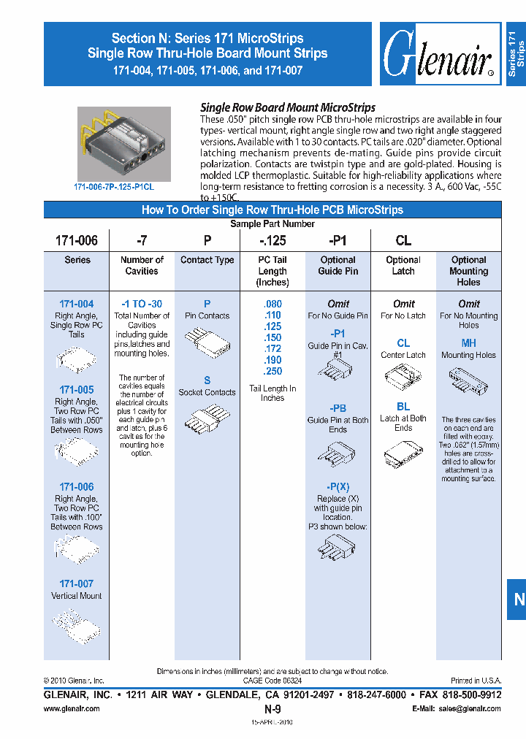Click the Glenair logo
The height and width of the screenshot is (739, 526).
coord(438,55)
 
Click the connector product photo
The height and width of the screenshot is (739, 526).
coord(124,144)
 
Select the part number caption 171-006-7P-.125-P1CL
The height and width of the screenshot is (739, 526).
coord(114,187)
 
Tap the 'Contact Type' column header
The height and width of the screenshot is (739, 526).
coord(207,260)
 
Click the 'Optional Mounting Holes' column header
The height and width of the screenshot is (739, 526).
coord(468,271)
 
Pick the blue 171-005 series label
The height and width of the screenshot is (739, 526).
coord(76,390)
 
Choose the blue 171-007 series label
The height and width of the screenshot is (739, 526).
coord(76,583)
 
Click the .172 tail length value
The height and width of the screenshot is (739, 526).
coord(272,349)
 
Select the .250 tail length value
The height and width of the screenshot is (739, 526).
coord(272,372)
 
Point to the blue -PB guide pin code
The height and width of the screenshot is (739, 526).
coord(338,408)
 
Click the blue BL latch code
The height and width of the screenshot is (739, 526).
coord(403,407)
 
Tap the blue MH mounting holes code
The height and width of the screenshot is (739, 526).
coord(468,342)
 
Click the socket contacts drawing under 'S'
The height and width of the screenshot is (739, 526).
coord(207,422)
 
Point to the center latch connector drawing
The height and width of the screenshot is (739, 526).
coord(403,377)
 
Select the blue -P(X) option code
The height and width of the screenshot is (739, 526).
coord(338,487)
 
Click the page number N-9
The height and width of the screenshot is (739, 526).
coord(272,708)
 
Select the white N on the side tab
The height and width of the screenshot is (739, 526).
coord(519,600)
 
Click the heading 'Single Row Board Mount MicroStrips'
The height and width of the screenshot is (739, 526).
coord(288,107)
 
